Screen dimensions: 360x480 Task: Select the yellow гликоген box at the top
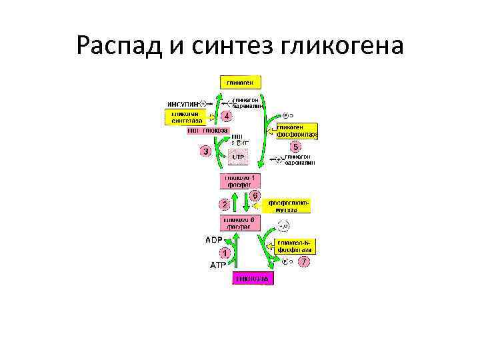coord(240,82)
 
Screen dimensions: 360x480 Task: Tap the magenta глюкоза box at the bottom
coord(252,278)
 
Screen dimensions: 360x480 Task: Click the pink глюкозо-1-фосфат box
coord(239,181)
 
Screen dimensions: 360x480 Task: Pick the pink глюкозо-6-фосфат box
coord(239,223)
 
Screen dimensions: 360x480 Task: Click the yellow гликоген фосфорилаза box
coord(297,131)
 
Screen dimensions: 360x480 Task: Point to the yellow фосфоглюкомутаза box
coord(289,205)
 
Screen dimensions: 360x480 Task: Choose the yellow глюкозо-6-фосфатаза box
coord(292,245)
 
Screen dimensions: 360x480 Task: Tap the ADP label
coord(213,239)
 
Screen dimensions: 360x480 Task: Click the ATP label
coord(219,265)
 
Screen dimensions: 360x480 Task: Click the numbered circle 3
coord(206,151)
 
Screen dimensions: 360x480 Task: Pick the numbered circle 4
coord(227,115)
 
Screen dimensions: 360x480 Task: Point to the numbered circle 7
coord(304,262)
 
